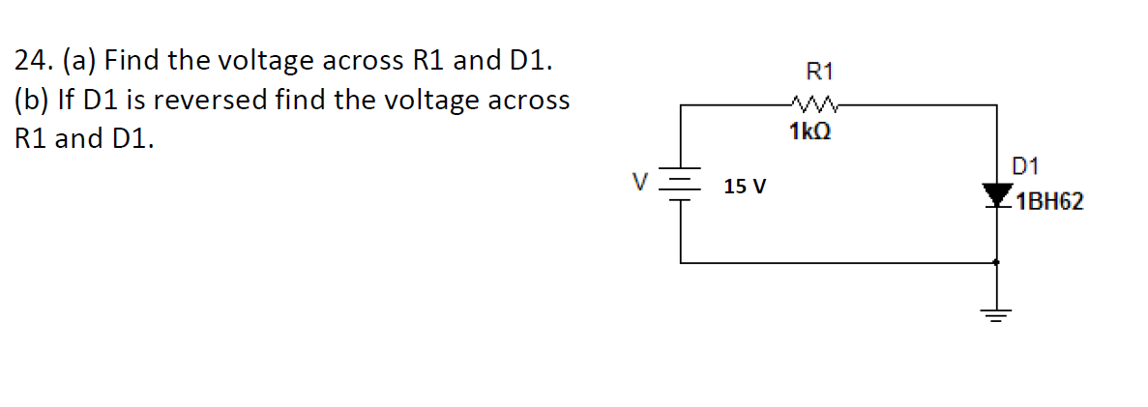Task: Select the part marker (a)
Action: [79, 62]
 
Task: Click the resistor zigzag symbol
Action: [811, 101]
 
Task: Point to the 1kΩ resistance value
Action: [809, 130]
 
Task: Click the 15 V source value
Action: [745, 186]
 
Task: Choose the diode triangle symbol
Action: [997, 196]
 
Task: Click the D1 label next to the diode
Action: [1024, 167]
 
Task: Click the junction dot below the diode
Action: [997, 261]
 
